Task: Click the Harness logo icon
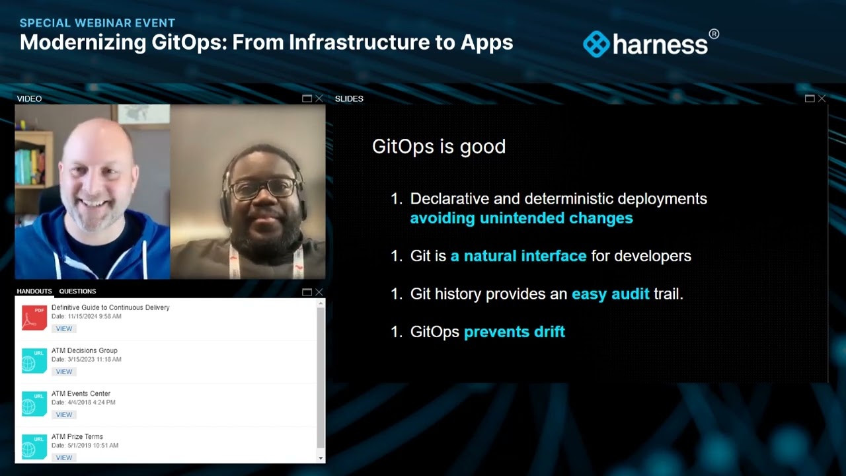596,44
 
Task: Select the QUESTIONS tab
77,291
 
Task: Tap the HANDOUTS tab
34,291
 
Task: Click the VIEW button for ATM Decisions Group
64,372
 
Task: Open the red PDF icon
34,317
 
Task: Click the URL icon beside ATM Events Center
34,403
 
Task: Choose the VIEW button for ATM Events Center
64,415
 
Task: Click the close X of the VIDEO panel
319,99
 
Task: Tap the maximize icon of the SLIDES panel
809,99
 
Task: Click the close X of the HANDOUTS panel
319,292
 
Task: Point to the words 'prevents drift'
514,332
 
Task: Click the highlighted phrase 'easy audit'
610,294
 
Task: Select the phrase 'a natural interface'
518,256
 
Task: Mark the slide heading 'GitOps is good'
439,146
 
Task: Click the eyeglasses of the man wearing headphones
263,189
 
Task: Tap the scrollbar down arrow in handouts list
321,458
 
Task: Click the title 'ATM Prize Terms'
77,436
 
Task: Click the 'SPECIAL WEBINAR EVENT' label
97,23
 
